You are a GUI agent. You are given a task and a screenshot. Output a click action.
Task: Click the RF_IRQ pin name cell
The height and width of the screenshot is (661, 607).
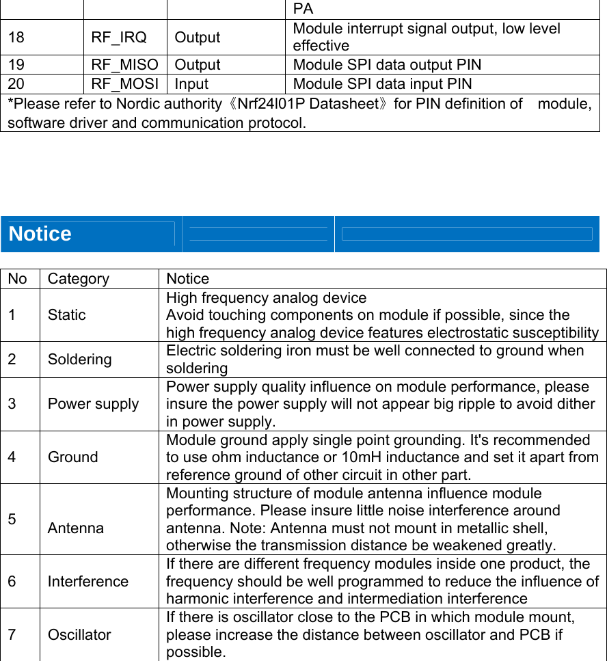[119, 38]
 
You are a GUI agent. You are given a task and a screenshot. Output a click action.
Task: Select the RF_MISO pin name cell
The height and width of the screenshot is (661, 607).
[124, 65]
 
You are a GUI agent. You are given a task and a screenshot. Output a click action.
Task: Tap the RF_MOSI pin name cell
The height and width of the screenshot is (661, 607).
[124, 84]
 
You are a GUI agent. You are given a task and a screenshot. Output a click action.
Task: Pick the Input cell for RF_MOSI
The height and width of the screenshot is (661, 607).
[191, 84]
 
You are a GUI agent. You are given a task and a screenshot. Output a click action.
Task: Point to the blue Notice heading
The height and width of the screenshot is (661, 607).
[40, 234]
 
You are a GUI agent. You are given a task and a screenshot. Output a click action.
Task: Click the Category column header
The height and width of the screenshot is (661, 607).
[79, 279]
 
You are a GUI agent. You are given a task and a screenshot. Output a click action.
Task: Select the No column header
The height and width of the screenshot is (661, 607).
[18, 279]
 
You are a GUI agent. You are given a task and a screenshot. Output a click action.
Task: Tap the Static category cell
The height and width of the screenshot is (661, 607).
[67, 315]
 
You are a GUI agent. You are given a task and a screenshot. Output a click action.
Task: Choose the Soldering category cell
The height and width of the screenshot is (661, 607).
[80, 360]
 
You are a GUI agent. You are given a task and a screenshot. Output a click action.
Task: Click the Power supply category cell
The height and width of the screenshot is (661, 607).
[94, 404]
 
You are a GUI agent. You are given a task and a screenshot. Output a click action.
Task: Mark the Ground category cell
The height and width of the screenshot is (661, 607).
[73, 457]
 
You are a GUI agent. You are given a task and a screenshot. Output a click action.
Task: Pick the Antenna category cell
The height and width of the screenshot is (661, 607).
[76, 528]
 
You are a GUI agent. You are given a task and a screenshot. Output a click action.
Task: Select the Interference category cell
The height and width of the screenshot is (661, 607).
[88, 582]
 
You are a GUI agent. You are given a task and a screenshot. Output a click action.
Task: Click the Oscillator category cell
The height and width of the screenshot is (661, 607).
[79, 635]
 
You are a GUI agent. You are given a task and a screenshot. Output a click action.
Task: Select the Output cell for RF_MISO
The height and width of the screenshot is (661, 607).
[198, 65]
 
